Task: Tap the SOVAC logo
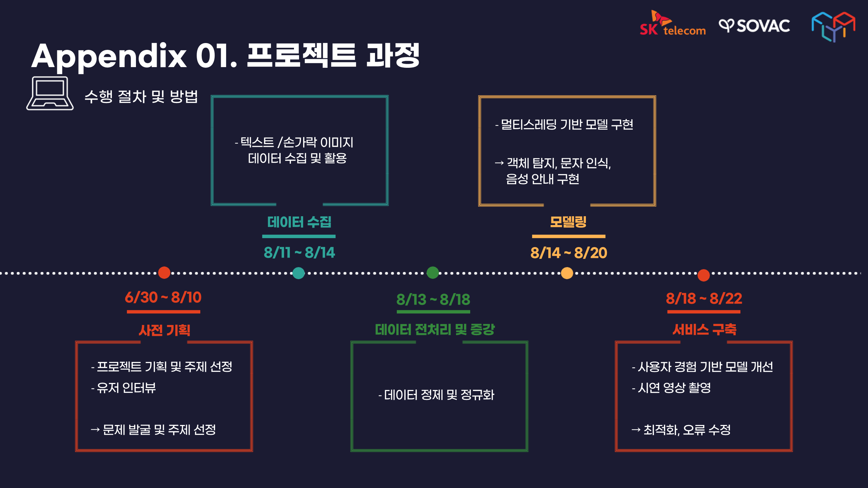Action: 755,26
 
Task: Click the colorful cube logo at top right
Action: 833,26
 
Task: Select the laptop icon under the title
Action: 50,93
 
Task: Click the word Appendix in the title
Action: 109,56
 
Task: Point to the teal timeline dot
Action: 298,273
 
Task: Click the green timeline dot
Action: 433,272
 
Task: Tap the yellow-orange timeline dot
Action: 567,273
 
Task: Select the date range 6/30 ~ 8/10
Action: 163,298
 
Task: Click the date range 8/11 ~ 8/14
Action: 299,252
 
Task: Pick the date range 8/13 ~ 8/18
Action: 433,300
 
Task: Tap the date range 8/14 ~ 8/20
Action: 569,253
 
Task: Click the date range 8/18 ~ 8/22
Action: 704,299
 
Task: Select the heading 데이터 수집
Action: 299,222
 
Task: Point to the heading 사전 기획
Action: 164,330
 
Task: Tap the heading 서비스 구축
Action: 704,329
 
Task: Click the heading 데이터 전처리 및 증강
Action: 435,329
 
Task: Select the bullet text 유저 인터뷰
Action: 126,388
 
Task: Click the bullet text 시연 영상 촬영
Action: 674,388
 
